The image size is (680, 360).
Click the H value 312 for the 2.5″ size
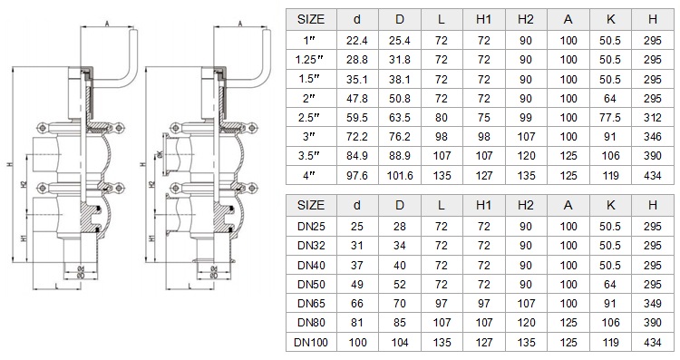[x=652, y=118]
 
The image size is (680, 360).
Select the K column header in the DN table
[x=610, y=205]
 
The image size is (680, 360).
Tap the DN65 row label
[x=311, y=303]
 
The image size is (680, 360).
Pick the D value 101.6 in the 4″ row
[x=400, y=175]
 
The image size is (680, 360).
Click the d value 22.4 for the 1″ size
[x=357, y=41]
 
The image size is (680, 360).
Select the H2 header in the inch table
[x=526, y=19]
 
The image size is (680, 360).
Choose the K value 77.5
[x=610, y=118]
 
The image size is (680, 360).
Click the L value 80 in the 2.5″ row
[x=441, y=118]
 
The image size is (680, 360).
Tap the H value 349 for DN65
[x=652, y=303]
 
